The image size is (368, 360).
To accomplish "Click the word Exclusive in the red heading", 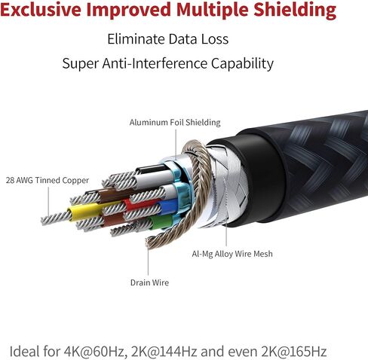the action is click(41, 9).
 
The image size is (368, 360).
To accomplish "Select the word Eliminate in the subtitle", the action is click(136, 39).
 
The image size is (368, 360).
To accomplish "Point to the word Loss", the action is click(215, 39).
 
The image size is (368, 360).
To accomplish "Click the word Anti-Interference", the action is click(155, 63).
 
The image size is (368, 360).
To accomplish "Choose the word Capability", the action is click(242, 64).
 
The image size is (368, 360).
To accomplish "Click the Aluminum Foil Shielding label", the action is click(175, 123).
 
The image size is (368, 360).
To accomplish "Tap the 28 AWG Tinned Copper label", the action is click(48, 180).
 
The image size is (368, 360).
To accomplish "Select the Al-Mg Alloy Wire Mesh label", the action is click(232, 254).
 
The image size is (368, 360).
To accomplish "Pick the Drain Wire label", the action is click(149, 282).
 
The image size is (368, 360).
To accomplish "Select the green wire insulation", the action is click(161, 221).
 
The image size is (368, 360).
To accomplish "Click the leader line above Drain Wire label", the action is click(148, 261).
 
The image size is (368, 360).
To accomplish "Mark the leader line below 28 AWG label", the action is click(48, 201).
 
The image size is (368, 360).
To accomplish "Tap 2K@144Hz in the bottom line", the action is click(164, 352).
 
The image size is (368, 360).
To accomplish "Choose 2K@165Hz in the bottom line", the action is click(294, 352).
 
